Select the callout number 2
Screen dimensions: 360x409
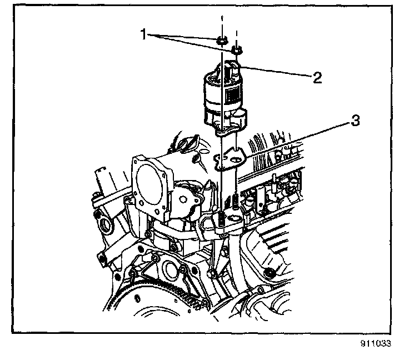click(x=317, y=77)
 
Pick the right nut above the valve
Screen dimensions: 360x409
click(x=237, y=51)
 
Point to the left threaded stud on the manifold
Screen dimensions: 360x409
click(x=221, y=219)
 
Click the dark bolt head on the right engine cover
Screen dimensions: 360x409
click(x=269, y=272)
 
